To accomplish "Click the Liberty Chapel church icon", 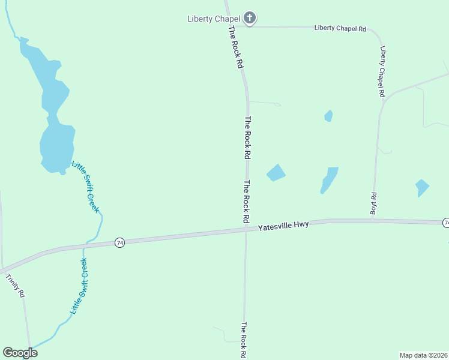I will pyautogui.click(x=250, y=18).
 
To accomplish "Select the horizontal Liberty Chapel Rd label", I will pyautogui.click(x=340, y=28).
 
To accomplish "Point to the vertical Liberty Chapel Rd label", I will pyautogui.click(x=382, y=72).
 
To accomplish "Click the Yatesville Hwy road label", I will pyautogui.click(x=283, y=226).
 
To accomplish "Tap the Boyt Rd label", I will pyautogui.click(x=373, y=204).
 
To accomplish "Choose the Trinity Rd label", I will pyautogui.click(x=16, y=286).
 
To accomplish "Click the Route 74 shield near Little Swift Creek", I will pyautogui.click(x=120, y=243).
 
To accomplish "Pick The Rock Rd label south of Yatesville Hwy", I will pyautogui.click(x=244, y=340).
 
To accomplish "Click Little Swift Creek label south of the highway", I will pyautogui.click(x=79, y=286).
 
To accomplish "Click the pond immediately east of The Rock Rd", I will pyautogui.click(x=276, y=173).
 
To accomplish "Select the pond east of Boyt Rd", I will pyautogui.click(x=423, y=187).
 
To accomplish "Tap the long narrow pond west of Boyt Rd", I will pyautogui.click(x=328, y=179).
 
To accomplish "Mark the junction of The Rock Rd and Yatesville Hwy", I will pyautogui.click(x=246, y=229).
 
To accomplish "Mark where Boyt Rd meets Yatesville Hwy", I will pyautogui.click(x=373, y=220).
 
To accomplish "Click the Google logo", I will pyautogui.click(x=20, y=353).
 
